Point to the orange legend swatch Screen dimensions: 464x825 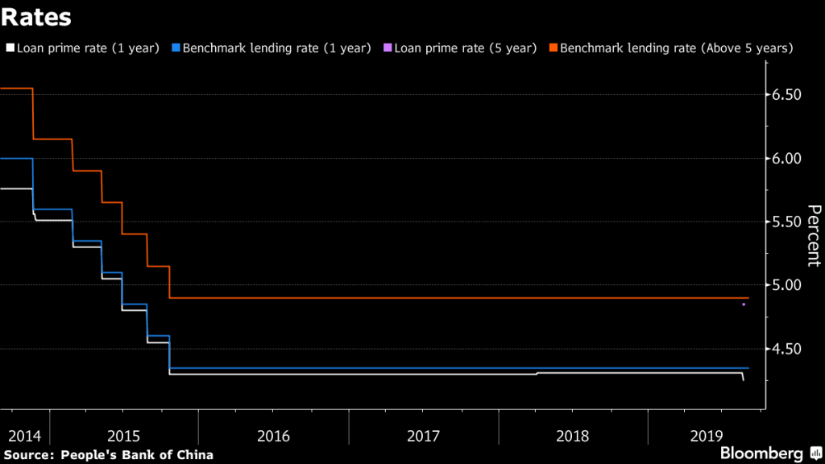(x=553, y=48)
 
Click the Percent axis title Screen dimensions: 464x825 (x=814, y=235)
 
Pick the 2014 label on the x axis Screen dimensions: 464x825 (x=24, y=436)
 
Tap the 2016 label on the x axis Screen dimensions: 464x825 (x=273, y=436)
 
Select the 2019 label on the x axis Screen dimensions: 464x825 (x=707, y=436)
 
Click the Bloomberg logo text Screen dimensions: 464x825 (x=761, y=453)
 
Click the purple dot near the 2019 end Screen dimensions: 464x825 (x=744, y=304)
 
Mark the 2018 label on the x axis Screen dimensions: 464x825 (x=573, y=436)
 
